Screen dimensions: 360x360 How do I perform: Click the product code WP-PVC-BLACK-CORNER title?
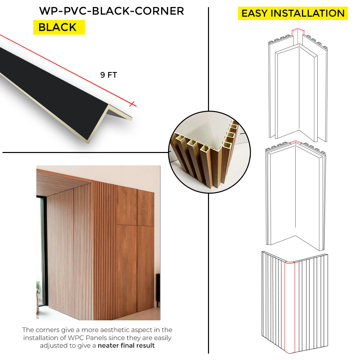[112, 11]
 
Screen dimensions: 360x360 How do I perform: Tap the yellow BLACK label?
[59, 27]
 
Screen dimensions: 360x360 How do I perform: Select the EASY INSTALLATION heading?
[293, 13]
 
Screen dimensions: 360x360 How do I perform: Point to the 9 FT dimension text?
[109, 75]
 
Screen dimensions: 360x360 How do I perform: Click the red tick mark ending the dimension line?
[132, 104]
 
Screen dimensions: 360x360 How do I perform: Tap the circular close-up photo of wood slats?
[209, 152]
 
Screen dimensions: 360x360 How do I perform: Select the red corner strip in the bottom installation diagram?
[290, 307]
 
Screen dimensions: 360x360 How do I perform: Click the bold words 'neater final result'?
[126, 346]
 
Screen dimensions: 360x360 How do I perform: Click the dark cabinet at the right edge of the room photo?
[158, 290]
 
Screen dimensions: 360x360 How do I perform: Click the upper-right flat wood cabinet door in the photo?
[146, 207]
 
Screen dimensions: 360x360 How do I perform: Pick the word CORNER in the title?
[159, 11]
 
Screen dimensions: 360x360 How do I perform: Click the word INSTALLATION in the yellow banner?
[308, 13]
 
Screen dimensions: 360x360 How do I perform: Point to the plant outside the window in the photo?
[38, 287]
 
